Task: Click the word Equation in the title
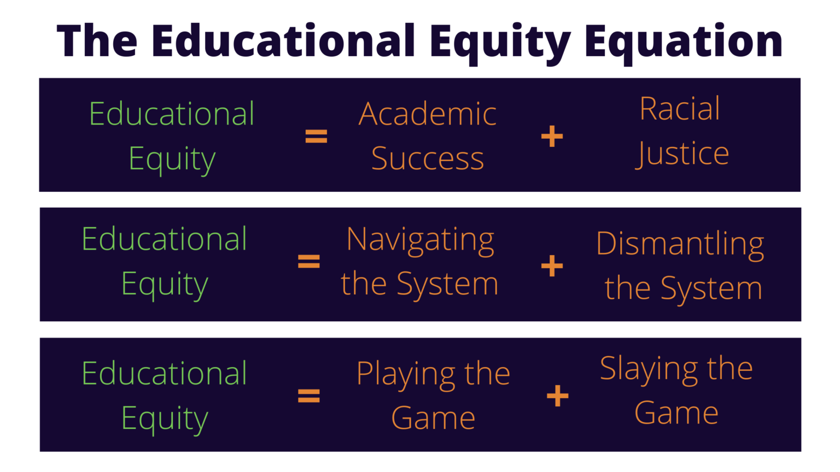pos(684,42)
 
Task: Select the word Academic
pos(427,114)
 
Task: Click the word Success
pos(427,159)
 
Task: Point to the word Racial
pos(680,109)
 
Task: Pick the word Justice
pos(682,154)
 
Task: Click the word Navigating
pos(420,240)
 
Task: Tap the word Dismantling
pos(680,244)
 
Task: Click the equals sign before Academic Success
pos(316,136)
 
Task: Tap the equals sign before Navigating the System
pos(308,261)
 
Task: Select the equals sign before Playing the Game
pos(308,396)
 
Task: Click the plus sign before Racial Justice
pos(552,136)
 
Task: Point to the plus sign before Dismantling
pos(552,266)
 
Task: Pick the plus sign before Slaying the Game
pos(557,396)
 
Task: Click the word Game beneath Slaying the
pos(676,413)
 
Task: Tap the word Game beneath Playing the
pos(433,418)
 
